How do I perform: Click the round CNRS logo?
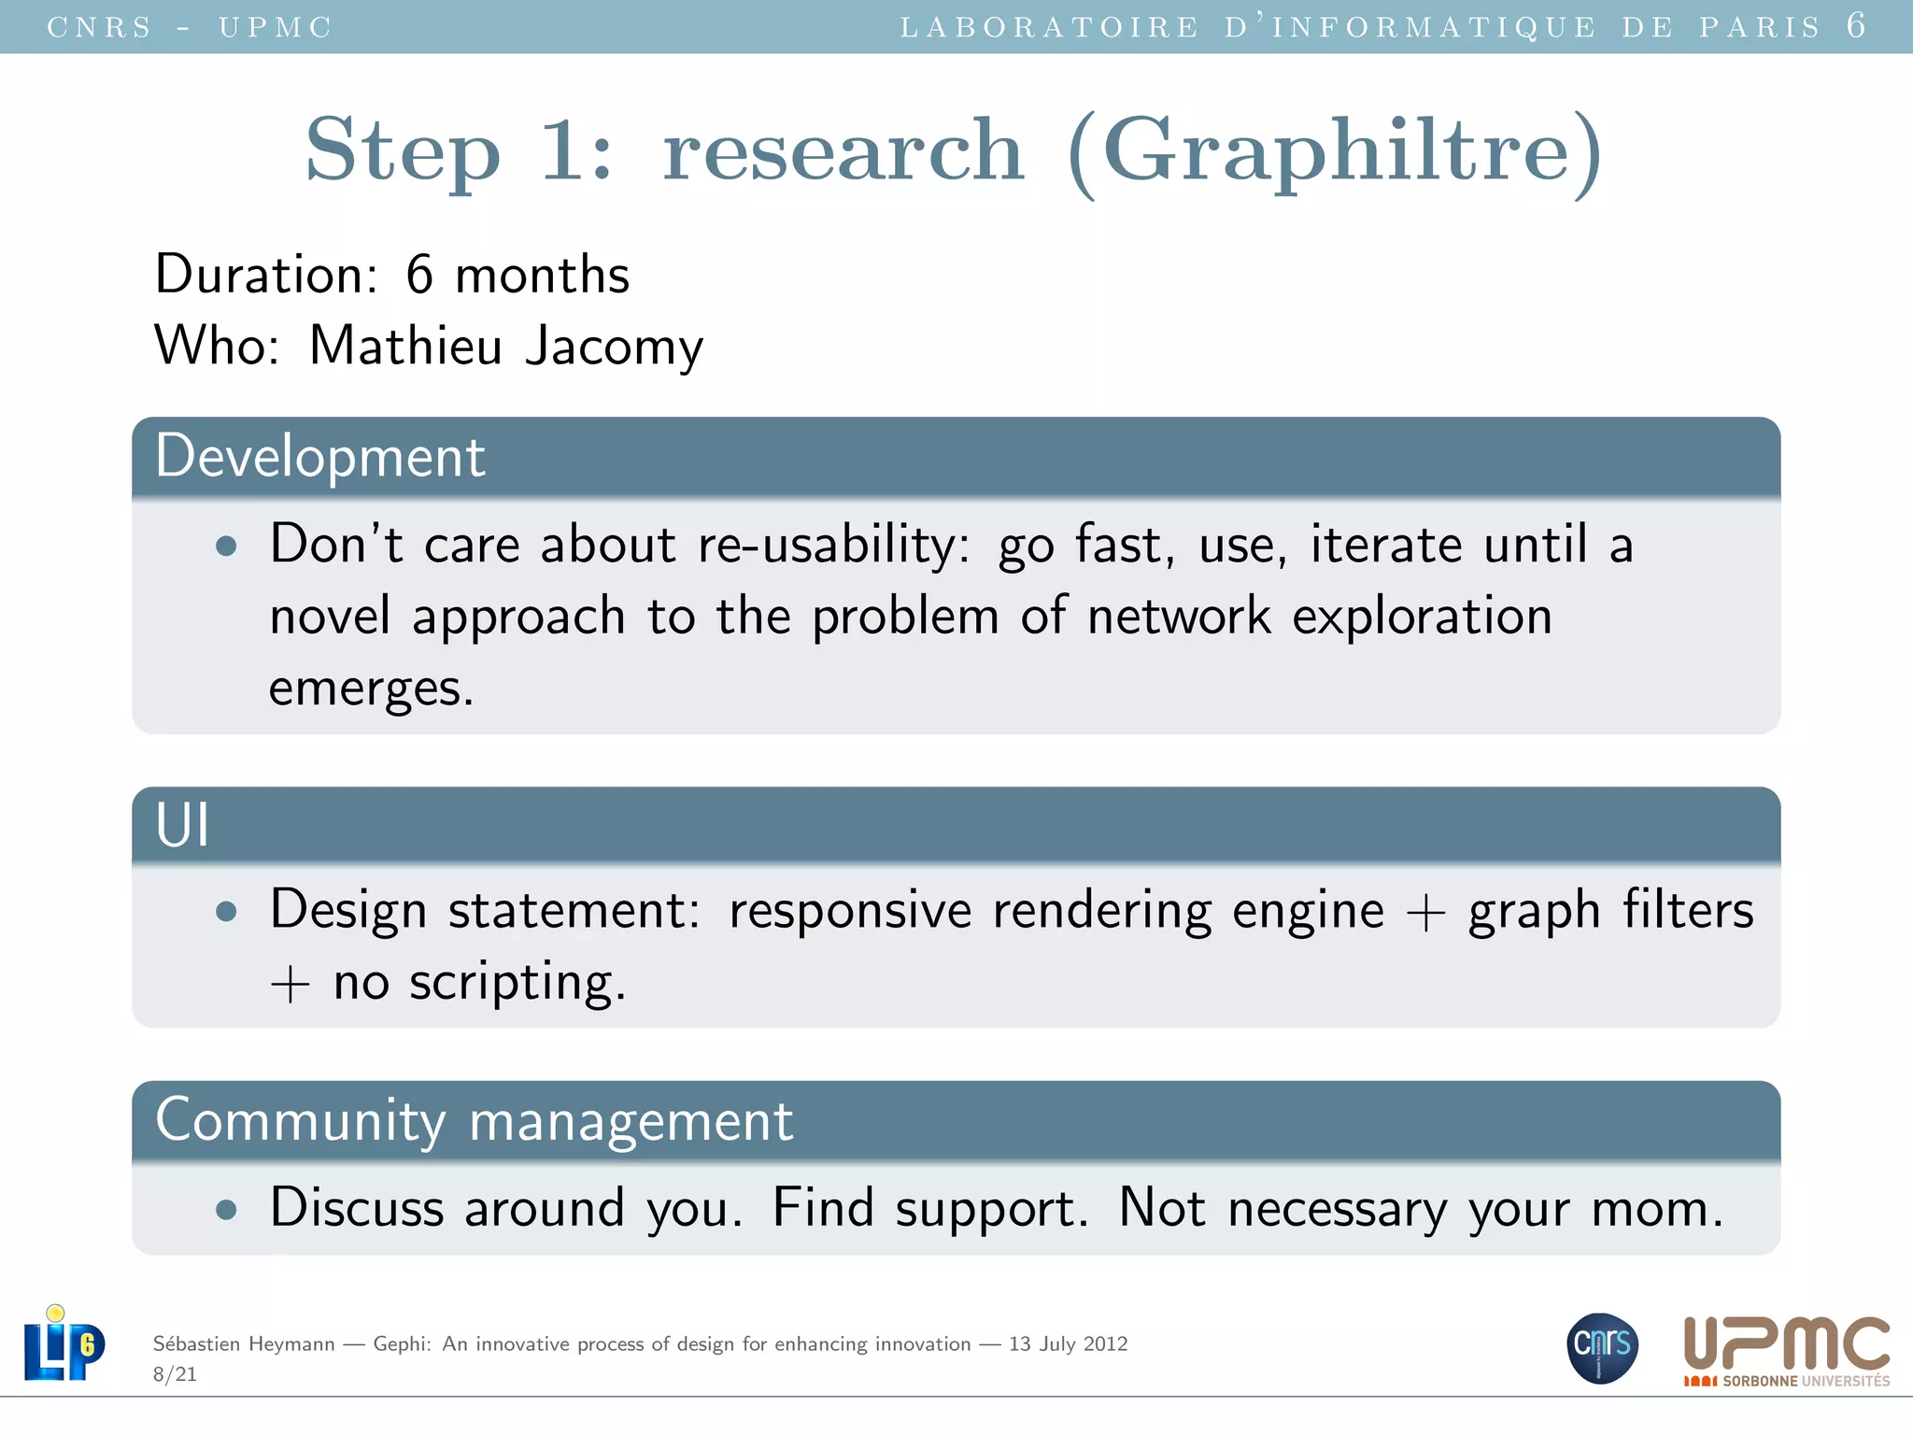(1602, 1347)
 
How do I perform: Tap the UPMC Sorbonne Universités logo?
(1786, 1351)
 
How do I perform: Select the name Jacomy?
(614, 347)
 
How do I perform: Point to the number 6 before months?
(419, 275)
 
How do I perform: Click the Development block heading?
(320, 457)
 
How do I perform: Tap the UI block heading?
(183, 826)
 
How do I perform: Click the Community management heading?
(474, 1120)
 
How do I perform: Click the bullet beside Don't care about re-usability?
(226, 546)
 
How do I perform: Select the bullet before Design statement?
(226, 911)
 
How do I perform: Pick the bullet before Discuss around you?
(226, 1210)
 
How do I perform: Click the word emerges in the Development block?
(371, 689)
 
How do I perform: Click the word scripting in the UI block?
(517, 984)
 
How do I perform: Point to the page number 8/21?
(175, 1374)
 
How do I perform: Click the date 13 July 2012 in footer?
(1068, 1344)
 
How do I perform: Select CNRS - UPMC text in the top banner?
(190, 27)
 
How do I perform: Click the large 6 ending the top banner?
(1856, 25)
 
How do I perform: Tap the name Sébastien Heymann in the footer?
(244, 1344)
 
